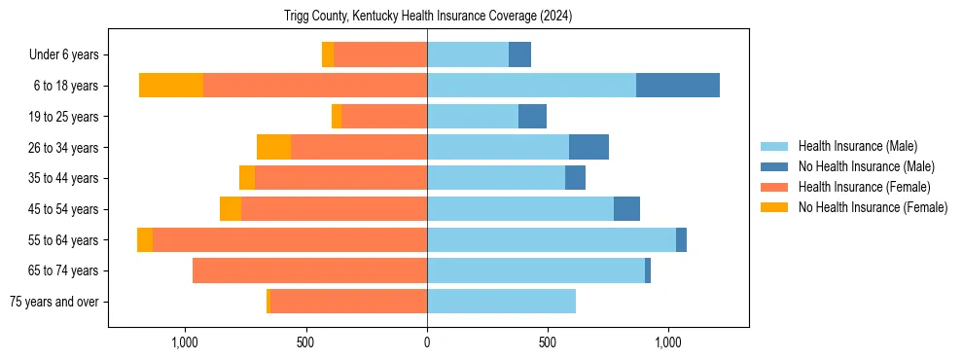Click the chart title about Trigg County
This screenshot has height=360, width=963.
428,17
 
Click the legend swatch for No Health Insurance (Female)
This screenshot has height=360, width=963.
774,207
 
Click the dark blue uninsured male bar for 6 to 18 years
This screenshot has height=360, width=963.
678,86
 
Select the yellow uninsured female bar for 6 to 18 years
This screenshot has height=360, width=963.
171,86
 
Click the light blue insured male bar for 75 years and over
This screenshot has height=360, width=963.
501,302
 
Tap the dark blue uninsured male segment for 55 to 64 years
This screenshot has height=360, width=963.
681,239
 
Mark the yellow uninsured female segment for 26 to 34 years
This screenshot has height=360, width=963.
273,147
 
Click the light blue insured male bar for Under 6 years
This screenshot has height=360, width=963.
468,54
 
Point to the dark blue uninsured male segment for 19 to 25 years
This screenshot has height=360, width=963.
532,117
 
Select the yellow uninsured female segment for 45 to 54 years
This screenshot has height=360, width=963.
231,209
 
